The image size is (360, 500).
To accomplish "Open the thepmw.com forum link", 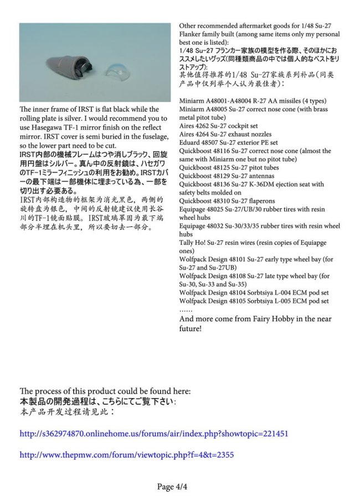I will [x=126, y=454].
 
